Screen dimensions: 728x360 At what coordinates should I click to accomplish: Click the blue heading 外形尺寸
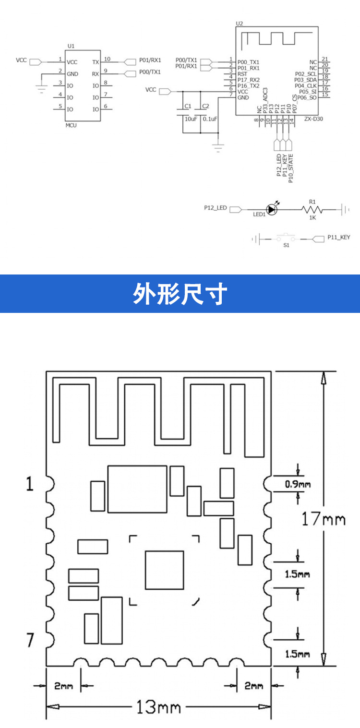tap(180, 294)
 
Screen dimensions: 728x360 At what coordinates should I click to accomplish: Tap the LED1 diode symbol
tap(272, 209)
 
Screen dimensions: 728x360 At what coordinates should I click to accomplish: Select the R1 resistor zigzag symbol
tap(312, 209)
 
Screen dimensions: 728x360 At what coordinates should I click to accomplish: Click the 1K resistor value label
tap(312, 217)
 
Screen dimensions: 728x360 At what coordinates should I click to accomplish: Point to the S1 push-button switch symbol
tap(287, 238)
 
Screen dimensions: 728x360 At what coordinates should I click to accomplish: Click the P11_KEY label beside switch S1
tap(339, 237)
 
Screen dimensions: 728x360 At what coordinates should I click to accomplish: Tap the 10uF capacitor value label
tap(191, 119)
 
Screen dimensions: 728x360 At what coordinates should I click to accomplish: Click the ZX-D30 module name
tap(313, 119)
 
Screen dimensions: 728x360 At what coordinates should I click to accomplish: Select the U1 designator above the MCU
tap(71, 46)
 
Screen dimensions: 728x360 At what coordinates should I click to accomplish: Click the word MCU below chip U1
tap(71, 125)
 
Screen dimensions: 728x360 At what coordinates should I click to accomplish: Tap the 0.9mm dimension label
tap(298, 484)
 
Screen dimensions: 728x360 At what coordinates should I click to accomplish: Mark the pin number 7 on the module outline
tap(30, 640)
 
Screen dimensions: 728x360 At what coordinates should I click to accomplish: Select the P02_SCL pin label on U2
tap(305, 73)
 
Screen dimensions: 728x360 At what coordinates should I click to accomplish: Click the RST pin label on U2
tap(242, 74)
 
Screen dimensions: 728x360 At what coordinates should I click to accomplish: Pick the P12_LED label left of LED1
tap(215, 208)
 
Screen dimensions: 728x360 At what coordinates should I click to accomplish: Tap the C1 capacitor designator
tap(188, 106)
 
